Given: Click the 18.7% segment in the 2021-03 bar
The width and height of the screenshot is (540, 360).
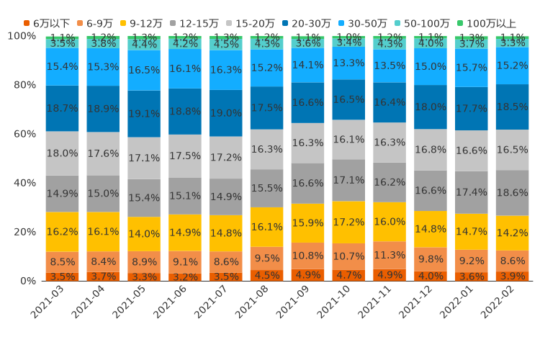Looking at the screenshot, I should (x=62, y=108).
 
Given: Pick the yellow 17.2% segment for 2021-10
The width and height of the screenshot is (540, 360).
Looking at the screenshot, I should (x=348, y=222).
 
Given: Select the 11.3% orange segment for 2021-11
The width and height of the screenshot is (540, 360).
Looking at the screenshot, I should (x=390, y=255).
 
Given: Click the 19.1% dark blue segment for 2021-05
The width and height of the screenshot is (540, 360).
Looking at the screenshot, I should (x=144, y=114).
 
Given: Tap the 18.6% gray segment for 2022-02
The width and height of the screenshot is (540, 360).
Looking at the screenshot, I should (x=513, y=193).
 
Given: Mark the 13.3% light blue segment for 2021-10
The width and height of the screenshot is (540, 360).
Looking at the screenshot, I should (x=348, y=63).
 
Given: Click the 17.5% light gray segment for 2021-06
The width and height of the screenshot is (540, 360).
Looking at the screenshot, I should (x=185, y=156).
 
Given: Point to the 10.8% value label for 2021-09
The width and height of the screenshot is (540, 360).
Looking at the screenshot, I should (x=307, y=256).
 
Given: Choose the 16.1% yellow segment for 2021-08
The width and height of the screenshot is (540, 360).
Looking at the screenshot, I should (x=266, y=227).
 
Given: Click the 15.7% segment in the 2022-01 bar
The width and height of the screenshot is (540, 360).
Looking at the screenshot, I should (x=472, y=68).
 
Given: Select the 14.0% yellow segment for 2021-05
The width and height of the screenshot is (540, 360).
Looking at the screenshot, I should (x=144, y=234).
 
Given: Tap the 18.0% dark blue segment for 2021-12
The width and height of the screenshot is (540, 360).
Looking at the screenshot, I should (x=431, y=107).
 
